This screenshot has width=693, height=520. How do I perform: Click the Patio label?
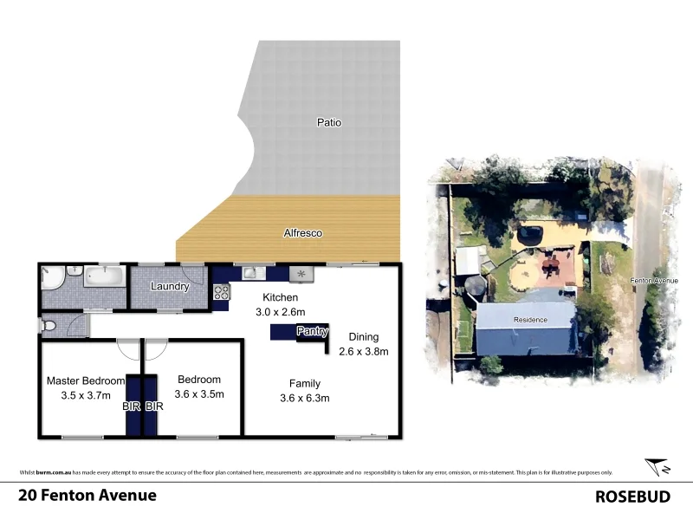[x=328, y=123]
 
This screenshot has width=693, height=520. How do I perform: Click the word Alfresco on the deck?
[x=303, y=233]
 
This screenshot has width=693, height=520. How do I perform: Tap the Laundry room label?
[x=170, y=287]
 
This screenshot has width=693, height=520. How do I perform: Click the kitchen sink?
[x=251, y=273]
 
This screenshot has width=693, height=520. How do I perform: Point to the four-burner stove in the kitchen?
[x=301, y=274]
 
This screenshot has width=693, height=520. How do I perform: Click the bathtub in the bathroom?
[x=105, y=276]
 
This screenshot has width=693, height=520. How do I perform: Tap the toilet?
[x=50, y=326]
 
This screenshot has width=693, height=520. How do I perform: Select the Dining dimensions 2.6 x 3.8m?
[x=363, y=351]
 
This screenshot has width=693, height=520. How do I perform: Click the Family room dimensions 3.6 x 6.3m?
[x=305, y=398]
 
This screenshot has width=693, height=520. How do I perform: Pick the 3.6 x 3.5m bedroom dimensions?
[x=199, y=393]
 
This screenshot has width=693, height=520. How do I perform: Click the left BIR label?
[x=133, y=406]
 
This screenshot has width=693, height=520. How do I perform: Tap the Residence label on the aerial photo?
[x=530, y=320]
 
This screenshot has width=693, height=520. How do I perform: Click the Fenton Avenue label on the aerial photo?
[x=654, y=281]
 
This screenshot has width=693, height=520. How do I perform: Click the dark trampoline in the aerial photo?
[x=528, y=234]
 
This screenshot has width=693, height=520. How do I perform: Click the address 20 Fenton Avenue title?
[x=87, y=496]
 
